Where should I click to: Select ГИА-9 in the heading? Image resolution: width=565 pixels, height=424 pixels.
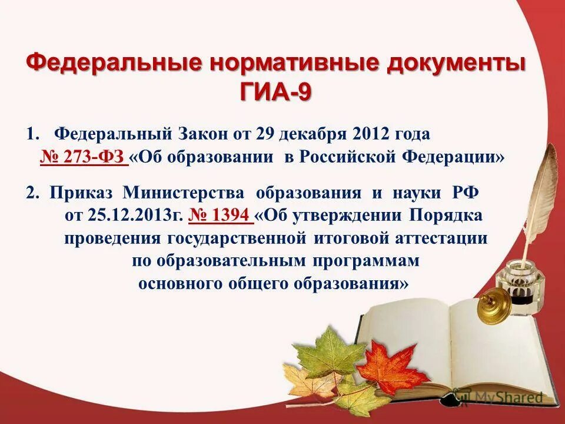tap(274, 91)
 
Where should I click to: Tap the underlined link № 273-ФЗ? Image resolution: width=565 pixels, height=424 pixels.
tap(84, 157)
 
